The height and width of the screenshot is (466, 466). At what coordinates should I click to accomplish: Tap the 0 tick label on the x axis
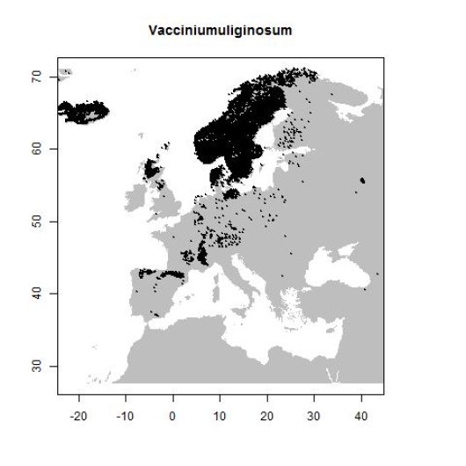click(x=172, y=412)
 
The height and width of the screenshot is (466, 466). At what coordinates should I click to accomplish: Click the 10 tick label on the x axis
click(x=219, y=412)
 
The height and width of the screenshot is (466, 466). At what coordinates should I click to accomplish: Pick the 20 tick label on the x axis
click(x=266, y=412)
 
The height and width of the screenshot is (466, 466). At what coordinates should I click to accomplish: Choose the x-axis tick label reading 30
click(x=314, y=412)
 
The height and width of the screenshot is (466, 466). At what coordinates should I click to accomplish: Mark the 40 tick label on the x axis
click(x=360, y=412)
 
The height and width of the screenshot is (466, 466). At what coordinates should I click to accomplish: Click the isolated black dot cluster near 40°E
click(x=362, y=180)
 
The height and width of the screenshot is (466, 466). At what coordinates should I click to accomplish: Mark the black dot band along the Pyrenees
click(x=167, y=274)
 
